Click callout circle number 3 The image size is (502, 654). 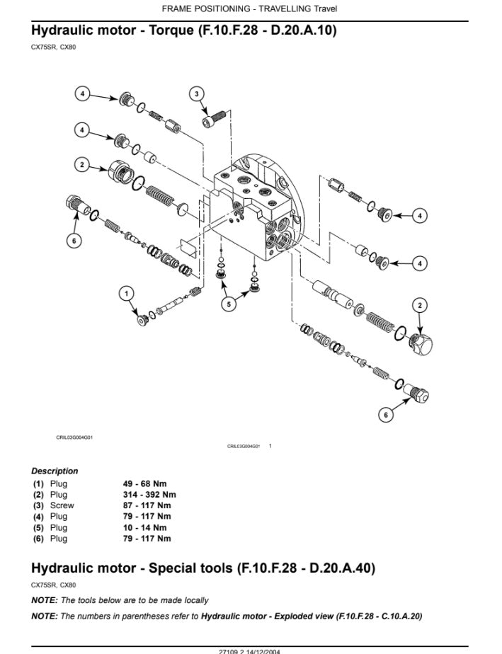tap(197, 93)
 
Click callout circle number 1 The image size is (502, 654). tap(127, 294)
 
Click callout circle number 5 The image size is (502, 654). tap(228, 304)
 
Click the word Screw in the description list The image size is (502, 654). tap(62, 505)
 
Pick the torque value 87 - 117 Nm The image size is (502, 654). tap(147, 505)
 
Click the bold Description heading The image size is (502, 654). tap(55, 471)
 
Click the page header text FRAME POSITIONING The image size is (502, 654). tap(205, 8)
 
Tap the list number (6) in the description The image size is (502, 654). tap(38, 539)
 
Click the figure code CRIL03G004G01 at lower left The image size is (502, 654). tap(75, 437)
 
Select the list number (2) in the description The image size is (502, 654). tap(38, 495)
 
